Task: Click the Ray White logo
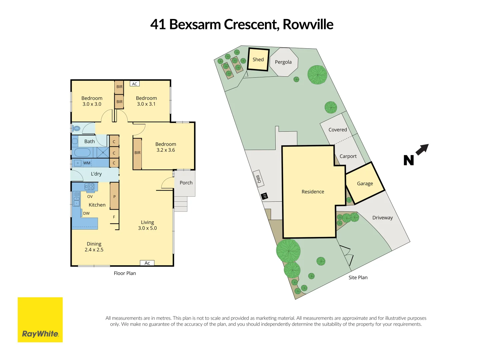tap(40, 320)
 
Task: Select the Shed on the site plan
tap(258, 60)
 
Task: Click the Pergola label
tap(283, 62)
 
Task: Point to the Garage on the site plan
tap(365, 183)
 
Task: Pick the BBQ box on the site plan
tap(258, 178)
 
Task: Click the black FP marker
tap(264, 196)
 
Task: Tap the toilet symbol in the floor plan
tap(77, 128)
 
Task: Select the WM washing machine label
tap(87, 163)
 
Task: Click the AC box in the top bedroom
tap(134, 84)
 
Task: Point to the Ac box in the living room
tap(147, 263)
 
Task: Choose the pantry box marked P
tap(114, 197)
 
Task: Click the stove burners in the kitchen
tap(89, 186)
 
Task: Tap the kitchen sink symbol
tap(76, 199)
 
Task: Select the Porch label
tap(186, 183)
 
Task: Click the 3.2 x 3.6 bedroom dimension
tap(166, 150)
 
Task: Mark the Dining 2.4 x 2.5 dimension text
tap(94, 250)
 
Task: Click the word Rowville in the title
tap(308, 24)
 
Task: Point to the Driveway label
tap(382, 218)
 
